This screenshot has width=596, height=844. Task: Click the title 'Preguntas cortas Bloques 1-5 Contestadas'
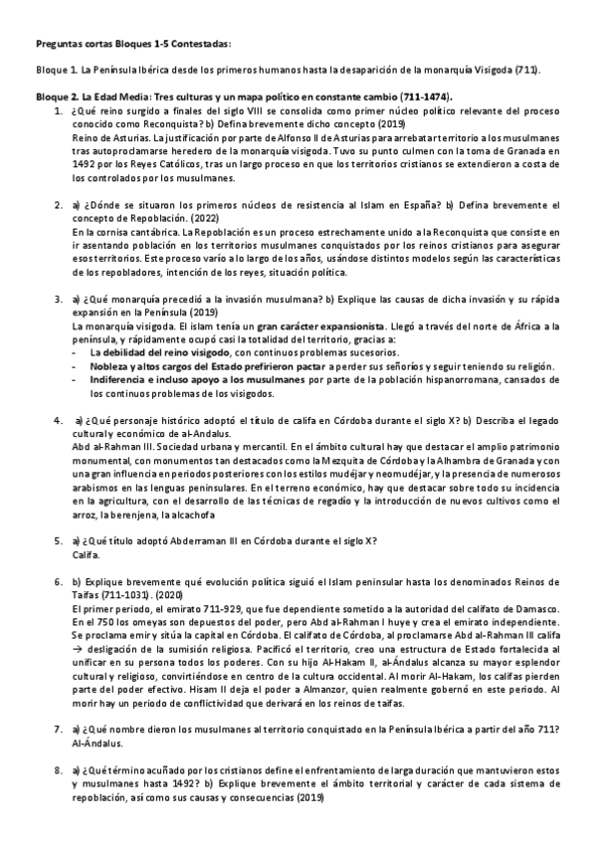pyautogui.click(x=131, y=45)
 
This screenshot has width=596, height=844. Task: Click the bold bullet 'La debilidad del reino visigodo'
pyautogui.click(x=166, y=351)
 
